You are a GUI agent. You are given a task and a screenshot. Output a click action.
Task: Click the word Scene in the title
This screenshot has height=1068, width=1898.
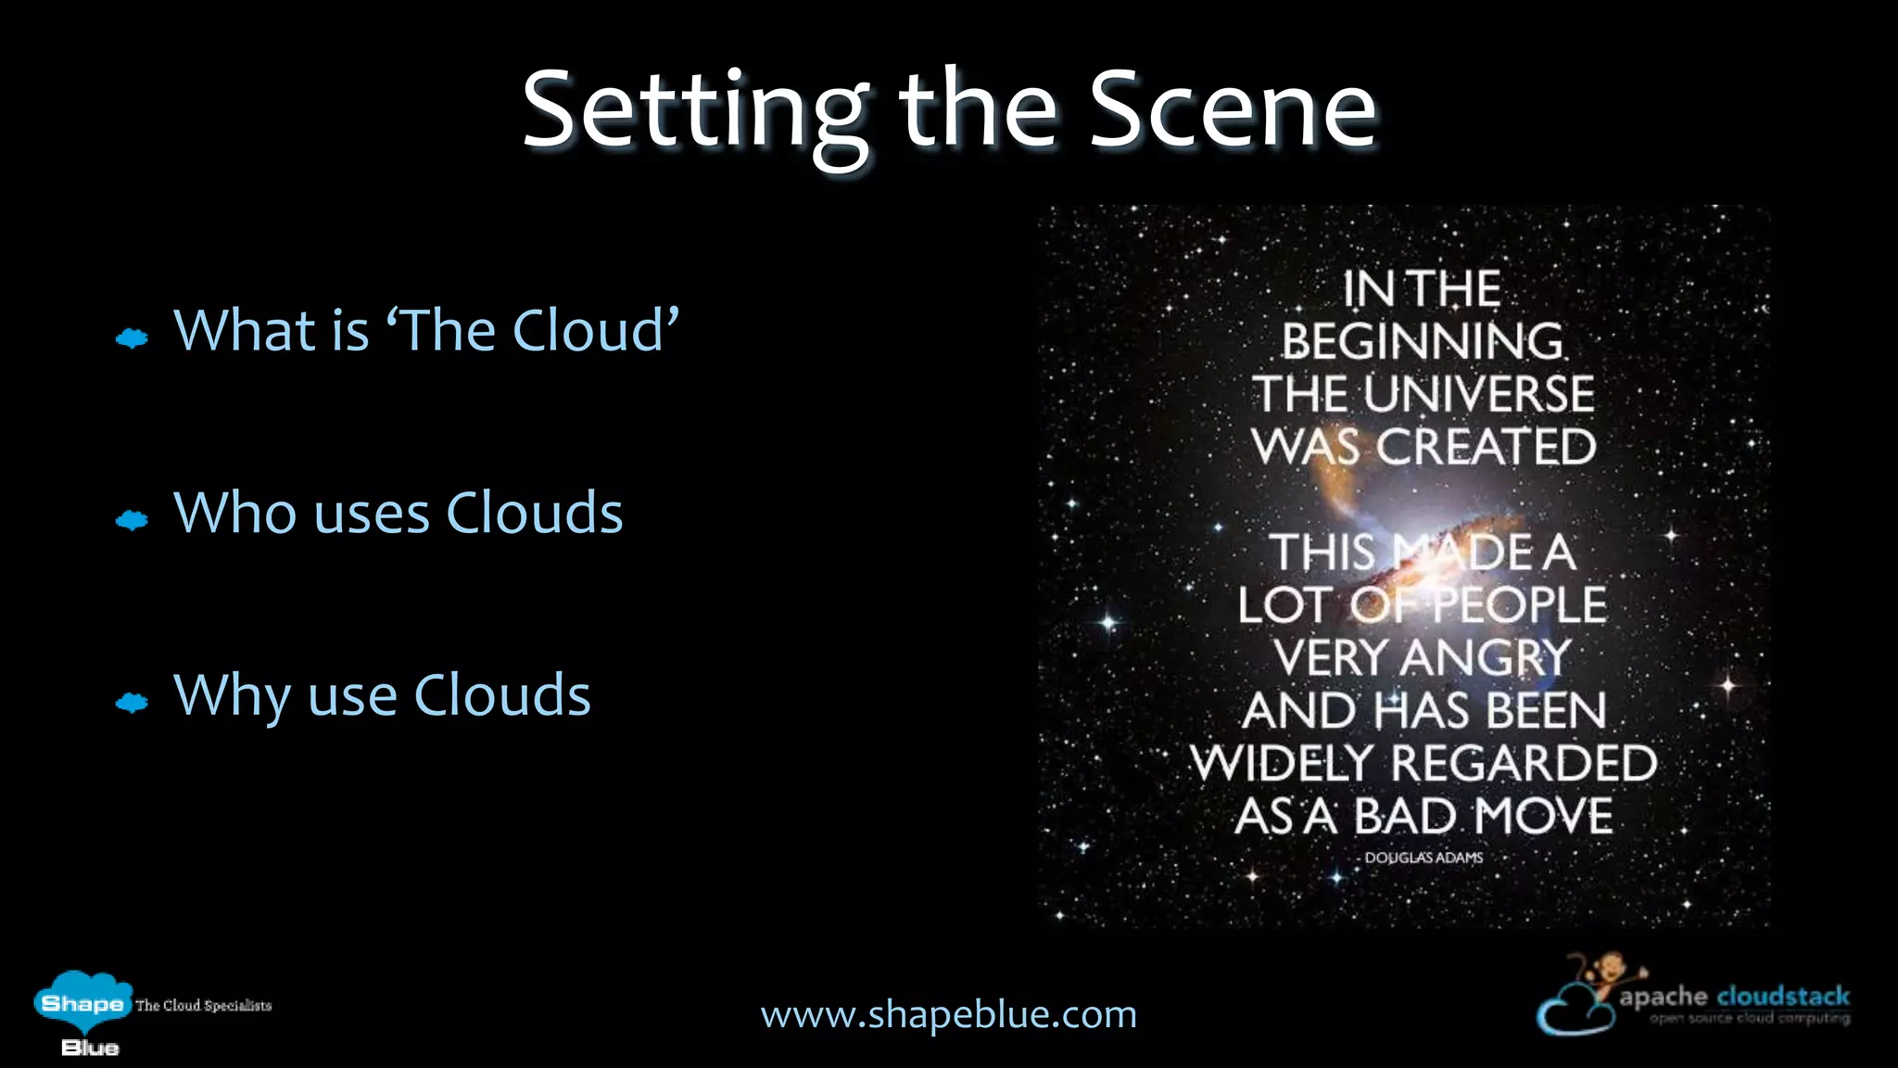pos(1233,111)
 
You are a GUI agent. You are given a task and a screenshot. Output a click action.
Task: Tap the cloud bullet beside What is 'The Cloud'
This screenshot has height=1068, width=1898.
pos(132,338)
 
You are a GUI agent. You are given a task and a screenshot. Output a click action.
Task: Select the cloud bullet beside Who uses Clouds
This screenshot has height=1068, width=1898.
pos(132,520)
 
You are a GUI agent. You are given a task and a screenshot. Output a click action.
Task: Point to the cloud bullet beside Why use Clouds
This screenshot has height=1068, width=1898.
pos(132,703)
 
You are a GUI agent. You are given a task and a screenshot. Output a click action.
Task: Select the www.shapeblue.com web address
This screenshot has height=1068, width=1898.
pos(948,1014)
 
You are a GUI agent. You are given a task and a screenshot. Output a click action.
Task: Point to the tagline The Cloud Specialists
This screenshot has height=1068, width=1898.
pos(203,1006)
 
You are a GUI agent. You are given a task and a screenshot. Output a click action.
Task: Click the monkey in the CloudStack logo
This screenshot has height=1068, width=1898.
pos(1609,973)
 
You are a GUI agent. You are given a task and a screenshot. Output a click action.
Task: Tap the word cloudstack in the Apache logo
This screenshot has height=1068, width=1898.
pos(1783,997)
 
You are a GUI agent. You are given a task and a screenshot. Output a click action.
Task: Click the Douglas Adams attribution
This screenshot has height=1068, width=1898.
pos(1423,858)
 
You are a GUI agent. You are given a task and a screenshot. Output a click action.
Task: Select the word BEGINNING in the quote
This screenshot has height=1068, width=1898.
pos(1423,342)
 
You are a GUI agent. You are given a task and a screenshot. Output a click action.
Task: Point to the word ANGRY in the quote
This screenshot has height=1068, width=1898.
pos(1487,658)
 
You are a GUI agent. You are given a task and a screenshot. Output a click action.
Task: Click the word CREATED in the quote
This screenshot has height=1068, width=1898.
pos(1486,448)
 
